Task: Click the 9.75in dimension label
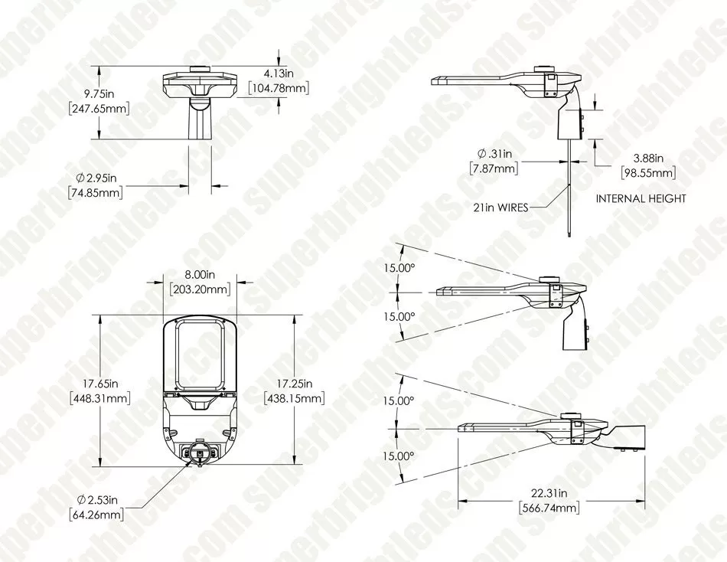(99, 93)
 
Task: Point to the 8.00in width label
(198, 273)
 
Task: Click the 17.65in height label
(99, 383)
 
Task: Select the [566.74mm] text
(548, 508)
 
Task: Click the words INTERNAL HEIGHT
(641, 199)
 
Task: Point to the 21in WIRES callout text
(501, 207)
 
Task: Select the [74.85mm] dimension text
(95, 193)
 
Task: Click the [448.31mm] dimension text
(99, 398)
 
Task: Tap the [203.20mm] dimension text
(198, 289)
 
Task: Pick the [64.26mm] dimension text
(96, 515)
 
